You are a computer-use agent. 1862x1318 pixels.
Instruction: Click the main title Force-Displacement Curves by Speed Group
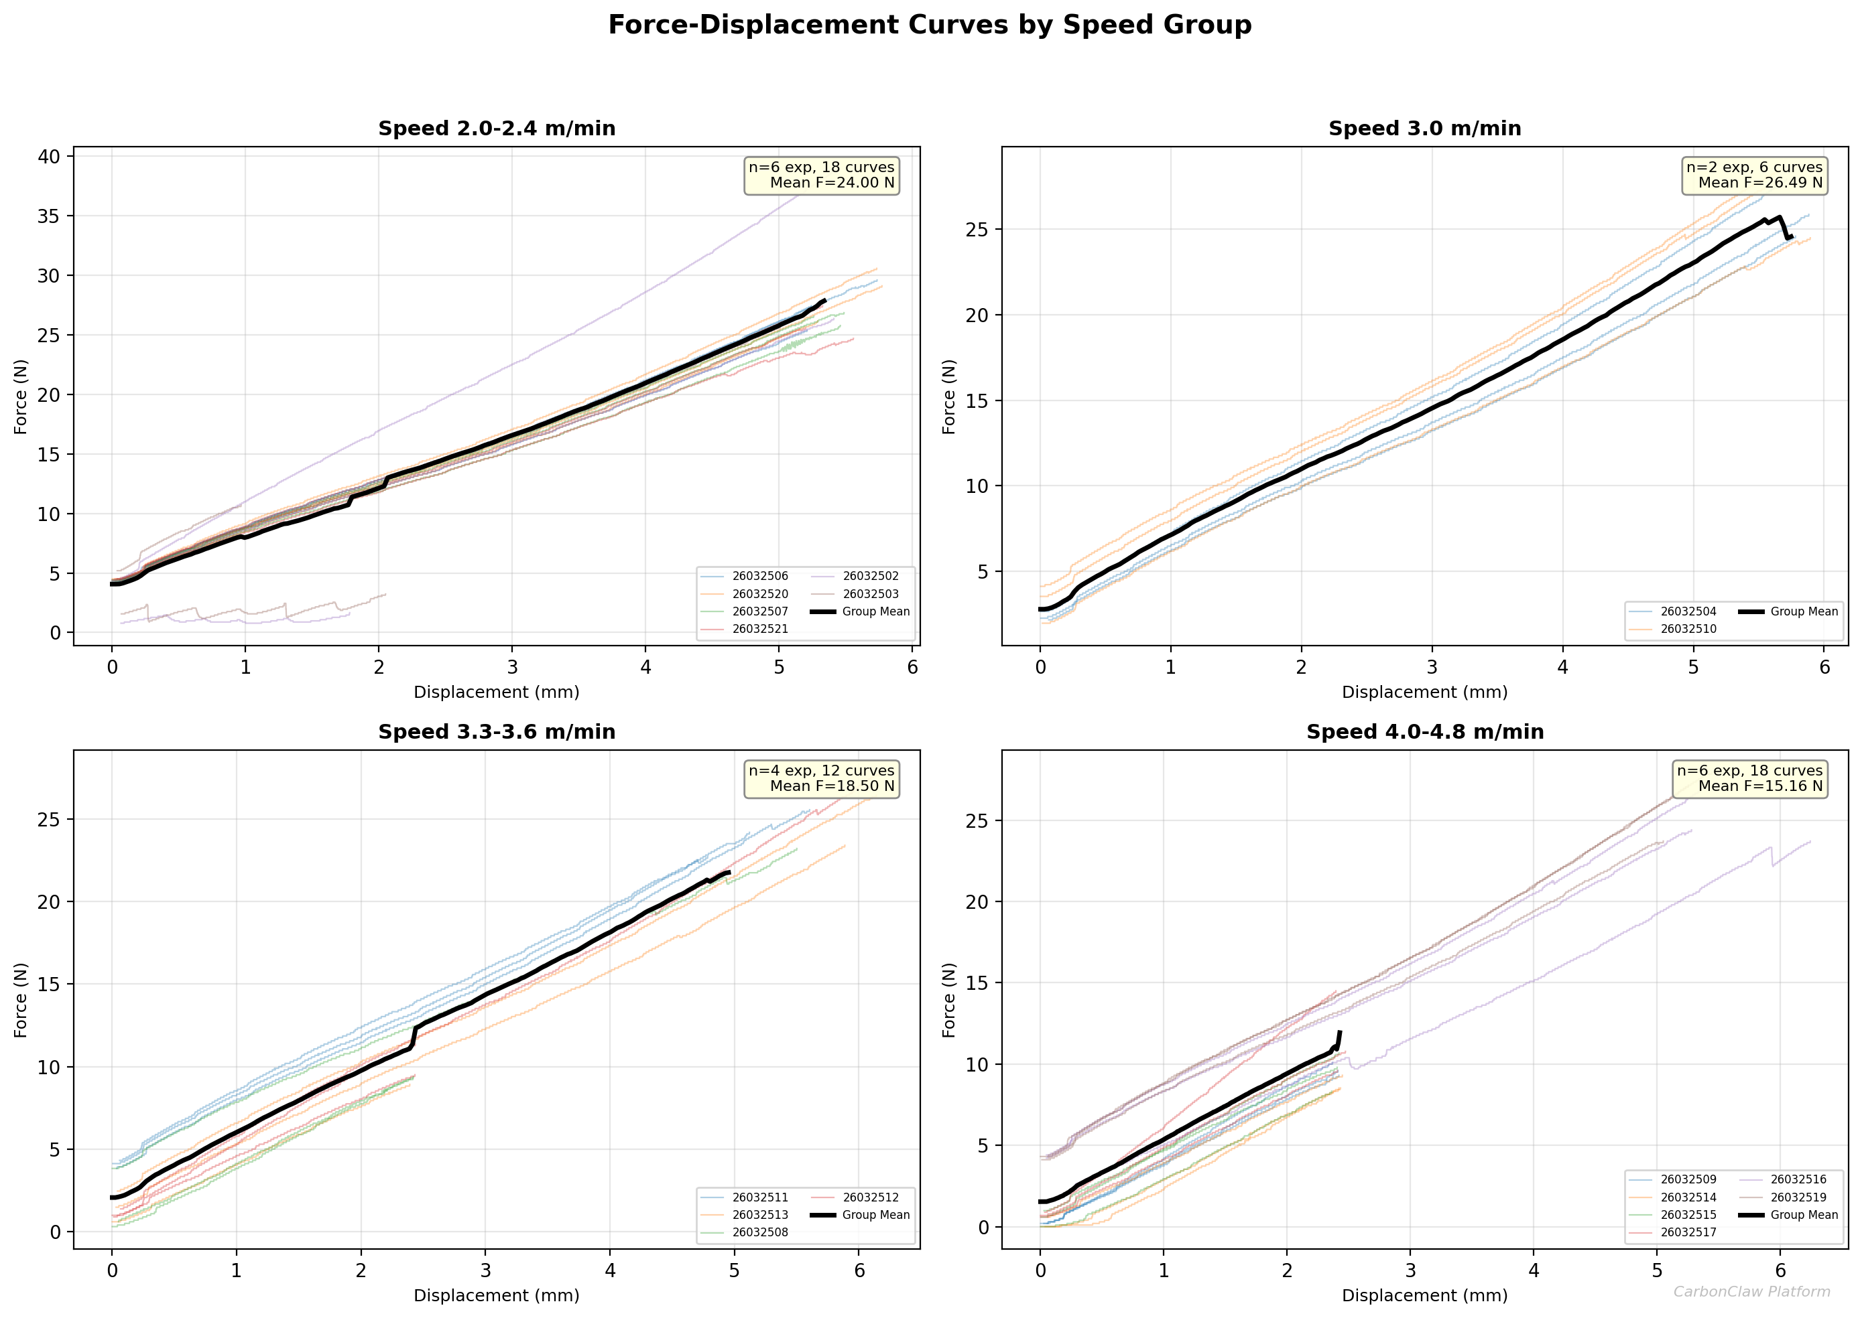tap(930, 25)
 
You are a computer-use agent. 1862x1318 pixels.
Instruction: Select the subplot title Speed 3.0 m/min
tap(1424, 128)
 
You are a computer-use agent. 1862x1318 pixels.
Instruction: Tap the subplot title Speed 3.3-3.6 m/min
tap(496, 731)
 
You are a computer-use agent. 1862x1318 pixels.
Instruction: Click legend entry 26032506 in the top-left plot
tap(759, 576)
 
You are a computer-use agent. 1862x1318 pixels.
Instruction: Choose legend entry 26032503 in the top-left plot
tap(870, 594)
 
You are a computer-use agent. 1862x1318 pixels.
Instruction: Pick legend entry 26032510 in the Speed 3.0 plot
tap(1688, 629)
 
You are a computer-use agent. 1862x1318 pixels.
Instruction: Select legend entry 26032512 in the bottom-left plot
tap(870, 1197)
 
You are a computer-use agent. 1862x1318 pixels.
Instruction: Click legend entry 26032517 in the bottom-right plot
tap(1688, 1232)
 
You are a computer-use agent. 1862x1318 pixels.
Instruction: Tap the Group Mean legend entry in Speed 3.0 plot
tap(1804, 611)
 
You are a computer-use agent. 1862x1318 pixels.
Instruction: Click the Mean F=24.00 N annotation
tap(832, 183)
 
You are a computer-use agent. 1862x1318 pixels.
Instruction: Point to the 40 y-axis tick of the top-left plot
tap(49, 156)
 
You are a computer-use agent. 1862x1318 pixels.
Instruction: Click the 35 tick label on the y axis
tap(49, 216)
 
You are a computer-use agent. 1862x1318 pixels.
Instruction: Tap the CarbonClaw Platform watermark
tap(1751, 1291)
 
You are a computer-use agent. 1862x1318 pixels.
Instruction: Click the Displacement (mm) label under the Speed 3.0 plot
tap(1424, 692)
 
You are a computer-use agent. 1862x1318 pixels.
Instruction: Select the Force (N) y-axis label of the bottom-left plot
tap(21, 1000)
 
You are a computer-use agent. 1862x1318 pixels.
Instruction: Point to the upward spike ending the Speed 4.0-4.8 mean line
tap(1339, 1038)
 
